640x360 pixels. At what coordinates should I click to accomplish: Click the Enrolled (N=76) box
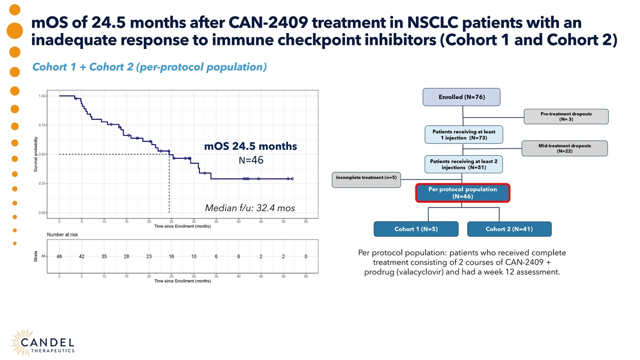click(461, 97)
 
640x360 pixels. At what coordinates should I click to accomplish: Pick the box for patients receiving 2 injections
click(463, 164)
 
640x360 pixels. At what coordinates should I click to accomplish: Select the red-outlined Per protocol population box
click(462, 193)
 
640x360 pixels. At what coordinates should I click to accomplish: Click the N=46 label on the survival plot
click(251, 161)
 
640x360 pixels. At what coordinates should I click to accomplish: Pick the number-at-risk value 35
click(104, 257)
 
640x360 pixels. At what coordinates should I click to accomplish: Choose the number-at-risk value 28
click(126, 257)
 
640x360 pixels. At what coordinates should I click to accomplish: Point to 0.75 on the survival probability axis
click(42, 125)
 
